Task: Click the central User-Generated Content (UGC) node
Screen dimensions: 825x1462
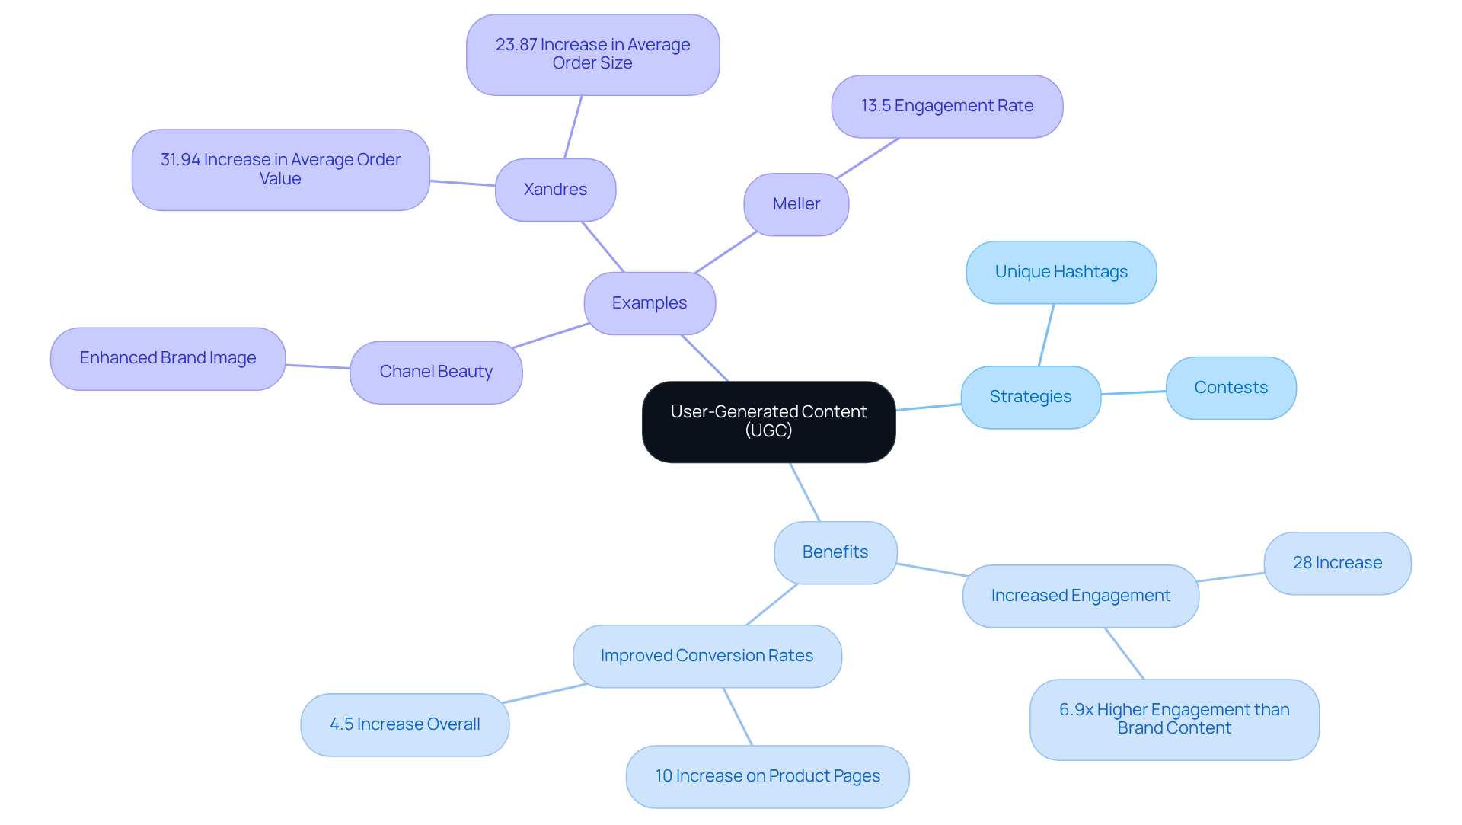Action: click(768, 421)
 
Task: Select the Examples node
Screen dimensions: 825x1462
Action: click(650, 303)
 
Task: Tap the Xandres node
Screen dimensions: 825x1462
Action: click(555, 190)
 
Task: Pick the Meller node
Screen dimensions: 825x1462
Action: click(796, 204)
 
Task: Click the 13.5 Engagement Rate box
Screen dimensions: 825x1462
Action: click(946, 106)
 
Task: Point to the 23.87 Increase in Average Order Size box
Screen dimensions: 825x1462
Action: click(592, 54)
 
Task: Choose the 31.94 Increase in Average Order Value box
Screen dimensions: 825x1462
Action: click(280, 169)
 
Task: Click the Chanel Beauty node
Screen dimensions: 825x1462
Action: click(436, 372)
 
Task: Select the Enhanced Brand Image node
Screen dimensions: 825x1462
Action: click(168, 358)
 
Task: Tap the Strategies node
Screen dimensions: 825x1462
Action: click(1030, 397)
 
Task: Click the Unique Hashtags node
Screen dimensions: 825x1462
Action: click(1061, 272)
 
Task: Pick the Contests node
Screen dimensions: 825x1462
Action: click(1231, 388)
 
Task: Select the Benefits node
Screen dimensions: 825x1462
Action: click(835, 552)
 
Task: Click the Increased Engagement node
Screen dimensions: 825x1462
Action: click(1080, 596)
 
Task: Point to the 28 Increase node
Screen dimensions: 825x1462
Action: click(1337, 563)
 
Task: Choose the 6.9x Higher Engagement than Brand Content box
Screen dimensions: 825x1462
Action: click(1173, 719)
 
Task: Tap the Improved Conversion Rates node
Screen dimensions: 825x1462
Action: click(707, 656)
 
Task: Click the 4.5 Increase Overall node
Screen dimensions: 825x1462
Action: click(404, 724)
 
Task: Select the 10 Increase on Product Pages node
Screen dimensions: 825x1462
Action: click(767, 776)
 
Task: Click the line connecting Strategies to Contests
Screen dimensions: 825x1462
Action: click(1133, 392)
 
